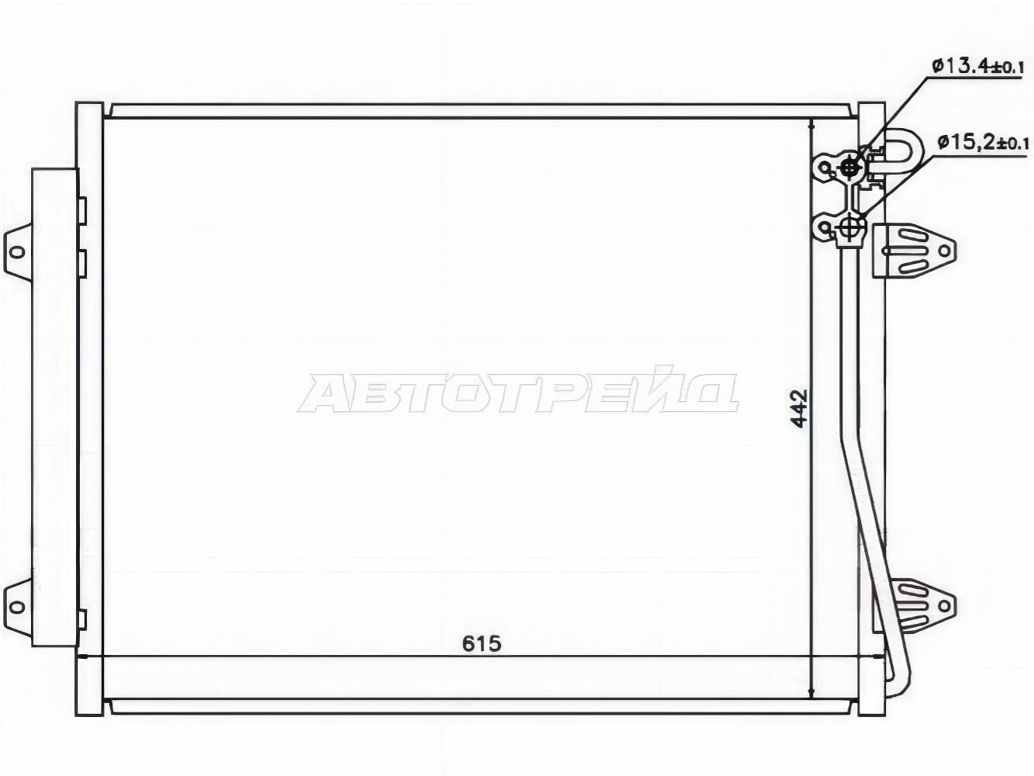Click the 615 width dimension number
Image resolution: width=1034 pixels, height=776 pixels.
pos(482,644)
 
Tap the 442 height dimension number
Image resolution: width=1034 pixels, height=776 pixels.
pos(799,408)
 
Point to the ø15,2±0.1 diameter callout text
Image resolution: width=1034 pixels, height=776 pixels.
pos(983,141)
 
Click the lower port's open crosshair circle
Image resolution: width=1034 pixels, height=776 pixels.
pos(850,228)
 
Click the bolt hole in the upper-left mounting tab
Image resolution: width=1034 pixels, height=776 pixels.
pos(17,252)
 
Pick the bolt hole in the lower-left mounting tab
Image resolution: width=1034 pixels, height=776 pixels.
pos(17,607)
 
